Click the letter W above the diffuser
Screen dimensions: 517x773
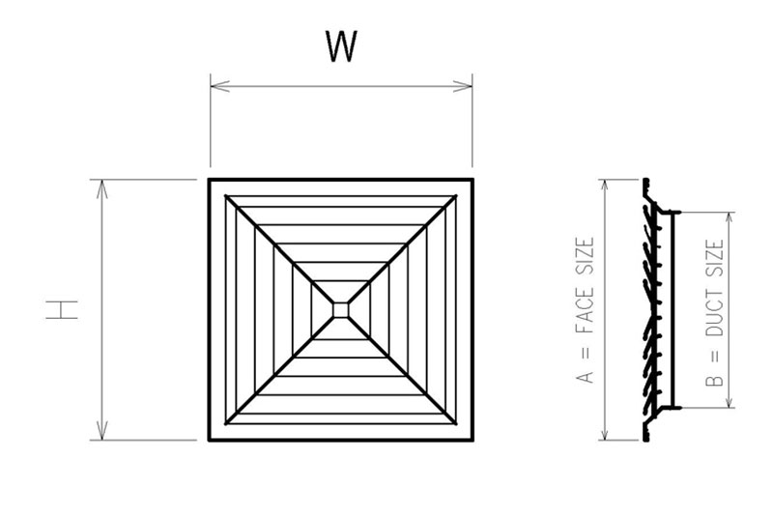(x=341, y=47)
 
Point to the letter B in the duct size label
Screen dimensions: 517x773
(x=715, y=383)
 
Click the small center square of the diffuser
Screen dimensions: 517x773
(x=340, y=309)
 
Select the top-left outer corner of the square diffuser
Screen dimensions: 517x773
(x=210, y=180)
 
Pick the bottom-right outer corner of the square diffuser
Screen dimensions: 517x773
(x=472, y=440)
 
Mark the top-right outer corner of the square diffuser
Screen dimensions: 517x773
(x=472, y=180)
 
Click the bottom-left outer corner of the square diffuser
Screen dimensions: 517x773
(x=210, y=440)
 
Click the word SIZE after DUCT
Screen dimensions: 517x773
(x=715, y=260)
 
